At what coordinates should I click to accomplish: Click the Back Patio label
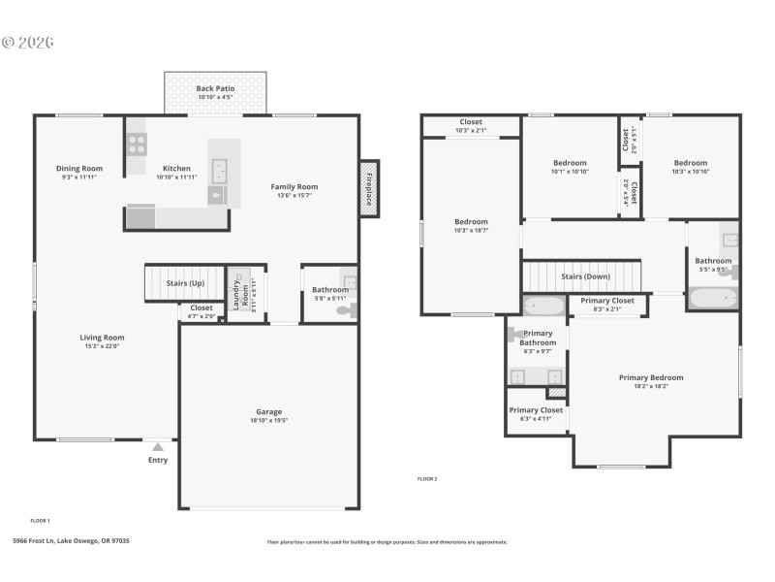click(215, 88)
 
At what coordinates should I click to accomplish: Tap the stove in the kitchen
click(138, 145)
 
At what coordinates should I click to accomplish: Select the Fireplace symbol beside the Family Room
click(368, 188)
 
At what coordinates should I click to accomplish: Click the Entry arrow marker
click(157, 447)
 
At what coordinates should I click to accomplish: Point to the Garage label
click(268, 411)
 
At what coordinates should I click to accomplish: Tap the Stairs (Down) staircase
click(583, 275)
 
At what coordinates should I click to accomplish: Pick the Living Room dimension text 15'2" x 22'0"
click(102, 346)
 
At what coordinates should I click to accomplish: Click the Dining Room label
click(79, 169)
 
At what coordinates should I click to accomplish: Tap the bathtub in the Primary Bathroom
click(543, 307)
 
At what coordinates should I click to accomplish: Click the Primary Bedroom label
click(651, 377)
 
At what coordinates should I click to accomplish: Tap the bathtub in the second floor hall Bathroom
click(714, 298)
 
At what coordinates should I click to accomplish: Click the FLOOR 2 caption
click(427, 479)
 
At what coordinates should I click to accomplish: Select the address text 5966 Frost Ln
click(71, 541)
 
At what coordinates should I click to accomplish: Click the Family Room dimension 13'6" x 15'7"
click(294, 195)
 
